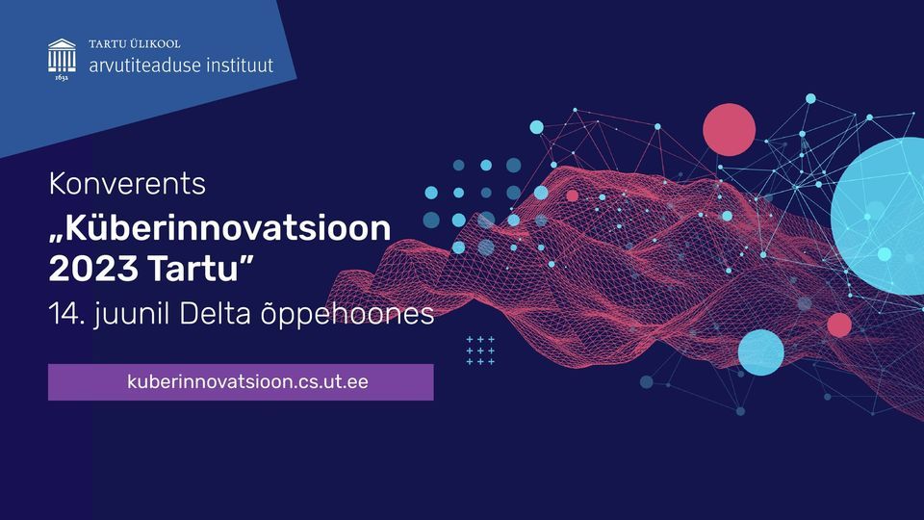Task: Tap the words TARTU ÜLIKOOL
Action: [135, 43]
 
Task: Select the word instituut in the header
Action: [240, 65]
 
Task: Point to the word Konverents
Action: [127, 183]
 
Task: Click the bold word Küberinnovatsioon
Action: [228, 228]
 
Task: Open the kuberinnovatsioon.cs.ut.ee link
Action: [247, 382]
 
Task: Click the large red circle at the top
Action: [729, 130]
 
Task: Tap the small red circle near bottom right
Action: [839, 325]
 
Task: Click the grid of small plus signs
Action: [480, 351]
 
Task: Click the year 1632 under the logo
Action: [62, 77]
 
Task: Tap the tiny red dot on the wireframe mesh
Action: [572, 195]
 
